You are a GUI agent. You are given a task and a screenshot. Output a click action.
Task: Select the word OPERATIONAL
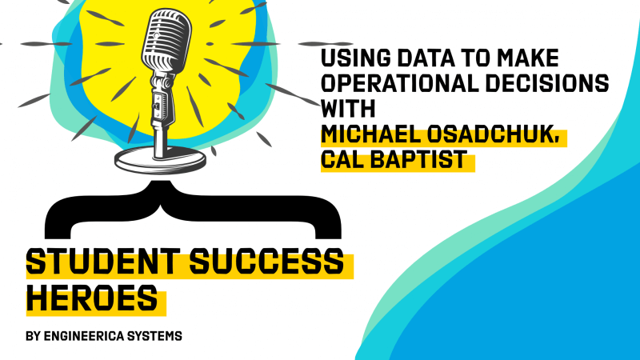(399, 83)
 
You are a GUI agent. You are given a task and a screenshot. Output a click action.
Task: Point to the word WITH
(348, 108)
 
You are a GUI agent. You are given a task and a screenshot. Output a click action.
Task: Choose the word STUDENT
(103, 262)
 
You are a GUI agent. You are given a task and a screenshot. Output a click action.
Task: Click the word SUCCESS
(266, 262)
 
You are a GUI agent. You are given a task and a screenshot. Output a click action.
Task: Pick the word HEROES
(92, 298)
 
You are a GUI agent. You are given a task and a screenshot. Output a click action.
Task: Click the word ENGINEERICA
(84, 336)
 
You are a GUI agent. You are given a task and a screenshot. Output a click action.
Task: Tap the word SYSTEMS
(154, 336)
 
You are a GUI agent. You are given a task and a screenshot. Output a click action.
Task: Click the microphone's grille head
(166, 39)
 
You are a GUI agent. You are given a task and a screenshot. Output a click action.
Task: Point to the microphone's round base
(160, 161)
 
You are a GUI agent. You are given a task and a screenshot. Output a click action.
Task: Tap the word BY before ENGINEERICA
(33, 336)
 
